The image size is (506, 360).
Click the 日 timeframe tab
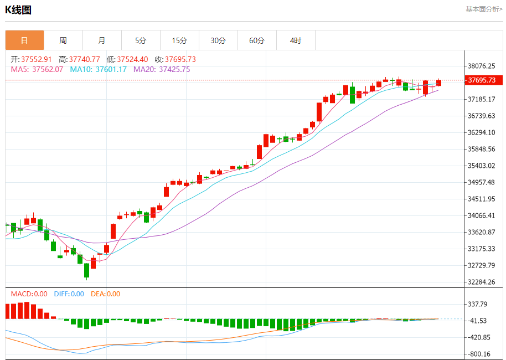[24, 40]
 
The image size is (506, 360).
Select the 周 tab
[63, 40]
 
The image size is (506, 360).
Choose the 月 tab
[102, 40]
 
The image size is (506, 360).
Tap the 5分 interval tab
[141, 40]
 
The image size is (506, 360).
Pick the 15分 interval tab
[179, 40]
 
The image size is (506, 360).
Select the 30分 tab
[218, 40]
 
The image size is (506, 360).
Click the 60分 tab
[257, 40]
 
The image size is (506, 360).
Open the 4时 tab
[296, 40]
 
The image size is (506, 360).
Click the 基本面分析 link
[483, 9]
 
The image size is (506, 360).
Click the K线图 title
[18, 10]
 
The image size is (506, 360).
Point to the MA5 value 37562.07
[48, 69]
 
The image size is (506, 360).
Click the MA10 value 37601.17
[111, 69]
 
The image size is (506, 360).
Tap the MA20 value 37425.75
[174, 69]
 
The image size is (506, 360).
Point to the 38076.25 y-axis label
[482, 66]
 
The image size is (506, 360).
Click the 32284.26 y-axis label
[482, 282]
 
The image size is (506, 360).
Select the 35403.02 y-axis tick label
[482, 166]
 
